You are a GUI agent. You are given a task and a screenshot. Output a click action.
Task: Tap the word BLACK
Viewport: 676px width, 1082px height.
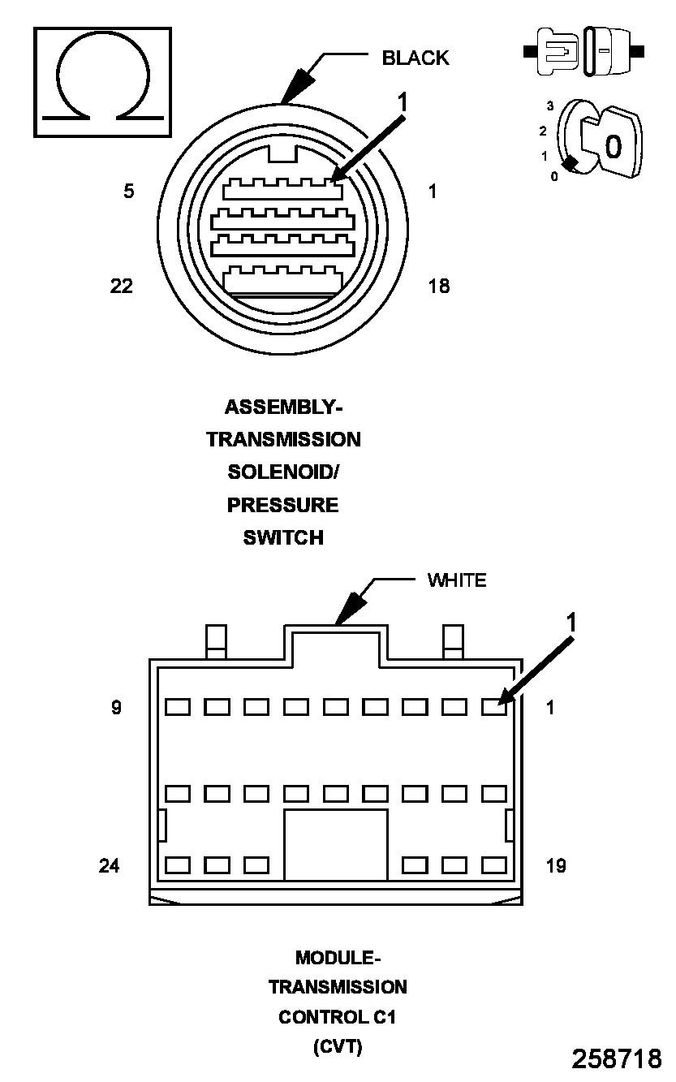tap(415, 58)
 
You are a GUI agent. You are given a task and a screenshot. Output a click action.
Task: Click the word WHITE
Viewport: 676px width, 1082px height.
tap(457, 580)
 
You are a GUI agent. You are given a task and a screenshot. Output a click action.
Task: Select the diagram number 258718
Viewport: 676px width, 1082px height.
tap(617, 1058)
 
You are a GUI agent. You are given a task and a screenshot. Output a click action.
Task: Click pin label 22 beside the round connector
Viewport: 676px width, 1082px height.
tap(122, 286)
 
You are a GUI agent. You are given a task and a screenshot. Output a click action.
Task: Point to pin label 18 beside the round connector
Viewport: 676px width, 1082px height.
tap(438, 286)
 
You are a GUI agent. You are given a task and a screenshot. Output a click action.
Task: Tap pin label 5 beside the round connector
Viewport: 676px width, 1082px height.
tap(129, 192)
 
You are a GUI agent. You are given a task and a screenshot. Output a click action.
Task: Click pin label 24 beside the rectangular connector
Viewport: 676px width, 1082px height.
tap(110, 866)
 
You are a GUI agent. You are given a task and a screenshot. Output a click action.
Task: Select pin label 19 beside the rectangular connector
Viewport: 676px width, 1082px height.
tap(556, 866)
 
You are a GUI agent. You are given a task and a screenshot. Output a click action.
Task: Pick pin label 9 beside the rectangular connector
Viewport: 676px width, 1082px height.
tap(116, 708)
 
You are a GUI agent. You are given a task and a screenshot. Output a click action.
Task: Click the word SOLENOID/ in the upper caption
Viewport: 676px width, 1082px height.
tap(283, 472)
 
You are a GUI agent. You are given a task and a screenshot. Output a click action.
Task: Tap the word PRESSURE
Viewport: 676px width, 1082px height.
tap(282, 505)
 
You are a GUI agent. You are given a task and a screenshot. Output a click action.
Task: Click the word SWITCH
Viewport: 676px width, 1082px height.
tap(283, 537)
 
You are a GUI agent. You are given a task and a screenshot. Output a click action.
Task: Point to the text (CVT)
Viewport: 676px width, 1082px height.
tap(338, 1047)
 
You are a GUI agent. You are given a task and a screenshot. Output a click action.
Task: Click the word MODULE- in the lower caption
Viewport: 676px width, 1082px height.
tap(338, 958)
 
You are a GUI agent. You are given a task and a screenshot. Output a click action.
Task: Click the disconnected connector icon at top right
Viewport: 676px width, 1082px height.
tap(584, 51)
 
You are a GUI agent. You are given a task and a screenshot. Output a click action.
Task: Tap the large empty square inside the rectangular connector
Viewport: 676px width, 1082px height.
tap(335, 844)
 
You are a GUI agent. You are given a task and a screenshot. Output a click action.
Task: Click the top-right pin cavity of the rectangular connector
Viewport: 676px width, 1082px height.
tap(493, 707)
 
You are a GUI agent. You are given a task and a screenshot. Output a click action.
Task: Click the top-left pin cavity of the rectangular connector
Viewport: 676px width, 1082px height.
tap(177, 707)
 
